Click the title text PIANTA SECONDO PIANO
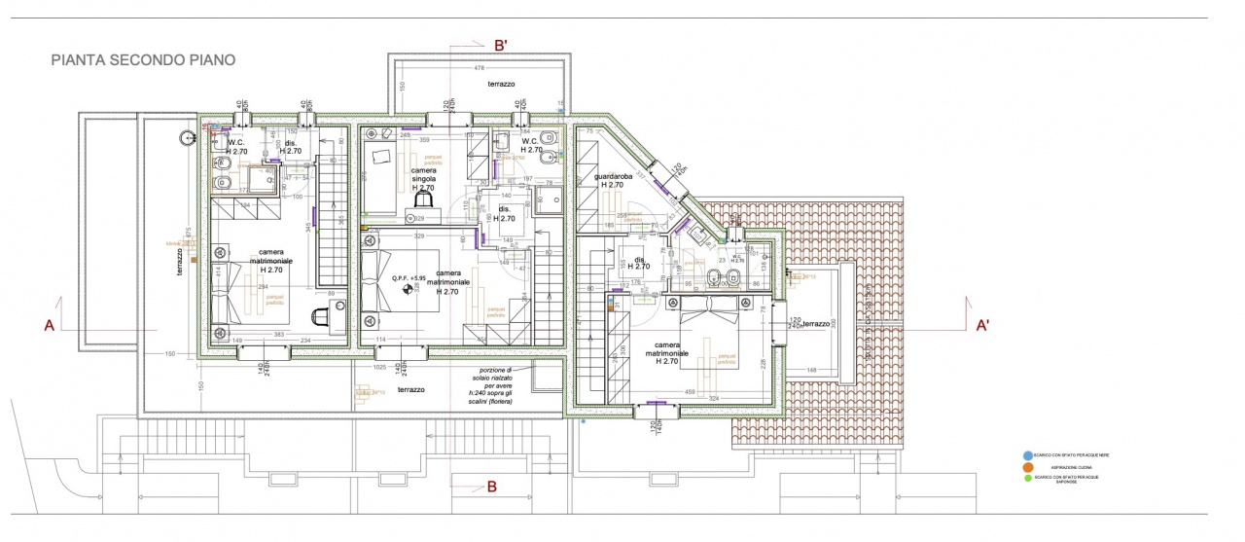143,60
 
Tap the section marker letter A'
982,326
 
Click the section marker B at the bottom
492,486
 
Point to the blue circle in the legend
1028,455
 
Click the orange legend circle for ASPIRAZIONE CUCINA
1028,467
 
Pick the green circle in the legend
1028,478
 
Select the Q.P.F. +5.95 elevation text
409,278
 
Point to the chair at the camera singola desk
424,200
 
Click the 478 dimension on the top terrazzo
479,67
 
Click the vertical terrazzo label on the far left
180,263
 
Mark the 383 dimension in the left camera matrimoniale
278,335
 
